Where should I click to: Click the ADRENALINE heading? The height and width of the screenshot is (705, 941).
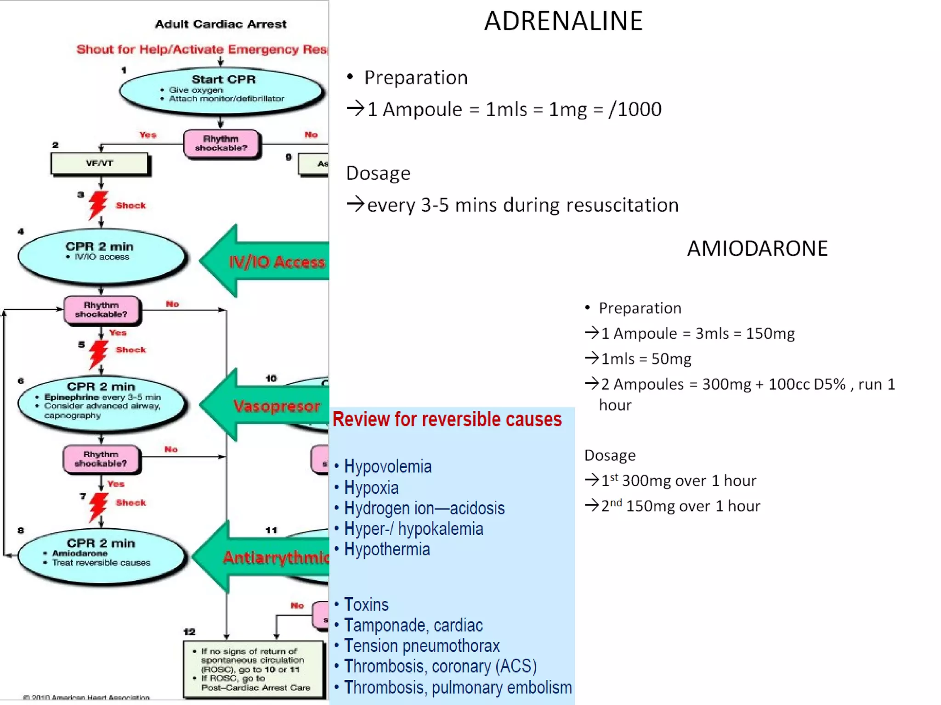click(563, 21)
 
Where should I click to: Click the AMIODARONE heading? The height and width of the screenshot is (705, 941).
click(757, 248)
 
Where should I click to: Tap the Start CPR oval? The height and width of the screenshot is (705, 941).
click(221, 90)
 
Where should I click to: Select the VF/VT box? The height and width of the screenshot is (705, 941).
click(100, 163)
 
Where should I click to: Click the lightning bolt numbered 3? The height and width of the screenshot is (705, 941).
click(97, 205)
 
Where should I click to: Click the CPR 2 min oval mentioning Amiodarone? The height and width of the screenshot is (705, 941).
click(102, 555)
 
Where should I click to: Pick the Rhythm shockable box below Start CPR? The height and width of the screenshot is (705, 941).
click(221, 144)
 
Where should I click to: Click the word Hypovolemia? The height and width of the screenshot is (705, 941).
click(387, 466)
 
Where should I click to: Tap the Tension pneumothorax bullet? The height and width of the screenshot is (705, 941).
click(421, 646)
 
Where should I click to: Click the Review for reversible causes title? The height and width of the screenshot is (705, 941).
click(447, 419)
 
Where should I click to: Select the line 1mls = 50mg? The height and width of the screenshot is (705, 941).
click(646, 359)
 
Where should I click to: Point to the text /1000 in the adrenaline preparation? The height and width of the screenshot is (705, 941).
click(635, 109)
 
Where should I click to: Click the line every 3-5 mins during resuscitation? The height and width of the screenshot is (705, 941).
click(522, 205)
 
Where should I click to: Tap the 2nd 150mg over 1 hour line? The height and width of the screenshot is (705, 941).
click(680, 506)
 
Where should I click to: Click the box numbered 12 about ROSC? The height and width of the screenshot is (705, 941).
click(254, 669)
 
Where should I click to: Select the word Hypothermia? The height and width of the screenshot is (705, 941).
click(386, 549)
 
